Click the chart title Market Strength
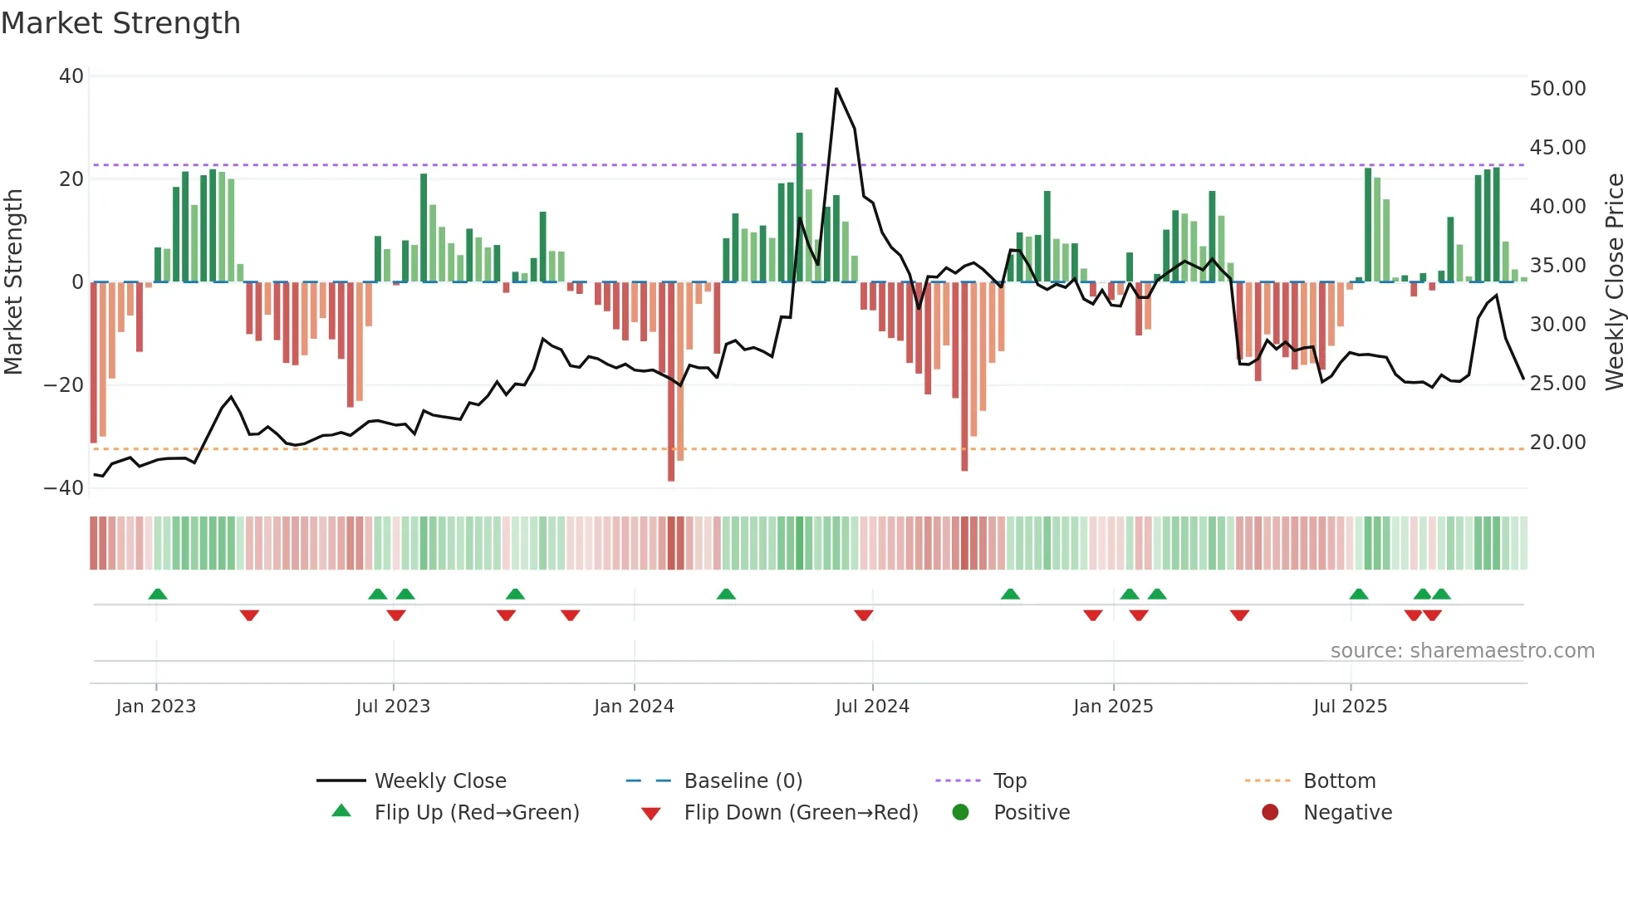click(120, 23)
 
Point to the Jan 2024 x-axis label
click(634, 706)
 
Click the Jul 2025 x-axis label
click(1350, 706)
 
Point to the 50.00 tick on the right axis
click(1557, 88)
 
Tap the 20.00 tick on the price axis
click(1557, 442)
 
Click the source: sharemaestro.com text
click(1462, 650)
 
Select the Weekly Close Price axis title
click(1614, 282)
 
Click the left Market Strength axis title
click(13, 282)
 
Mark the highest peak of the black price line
click(836, 88)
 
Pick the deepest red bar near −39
click(671, 382)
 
